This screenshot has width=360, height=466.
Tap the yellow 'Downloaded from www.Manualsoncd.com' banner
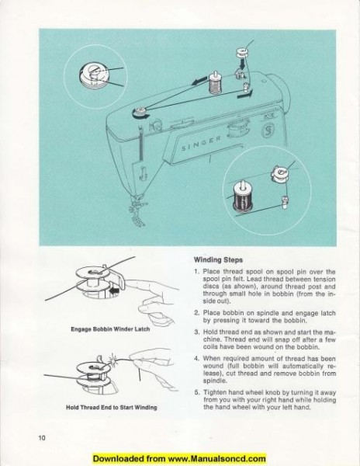click(179, 459)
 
